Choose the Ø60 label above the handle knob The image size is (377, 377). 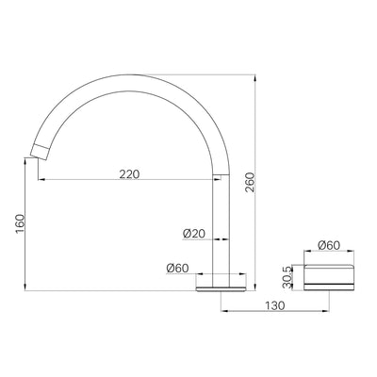pos(329,245)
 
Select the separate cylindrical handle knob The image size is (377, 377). pos(330,276)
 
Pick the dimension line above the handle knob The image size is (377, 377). pos(329,254)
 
